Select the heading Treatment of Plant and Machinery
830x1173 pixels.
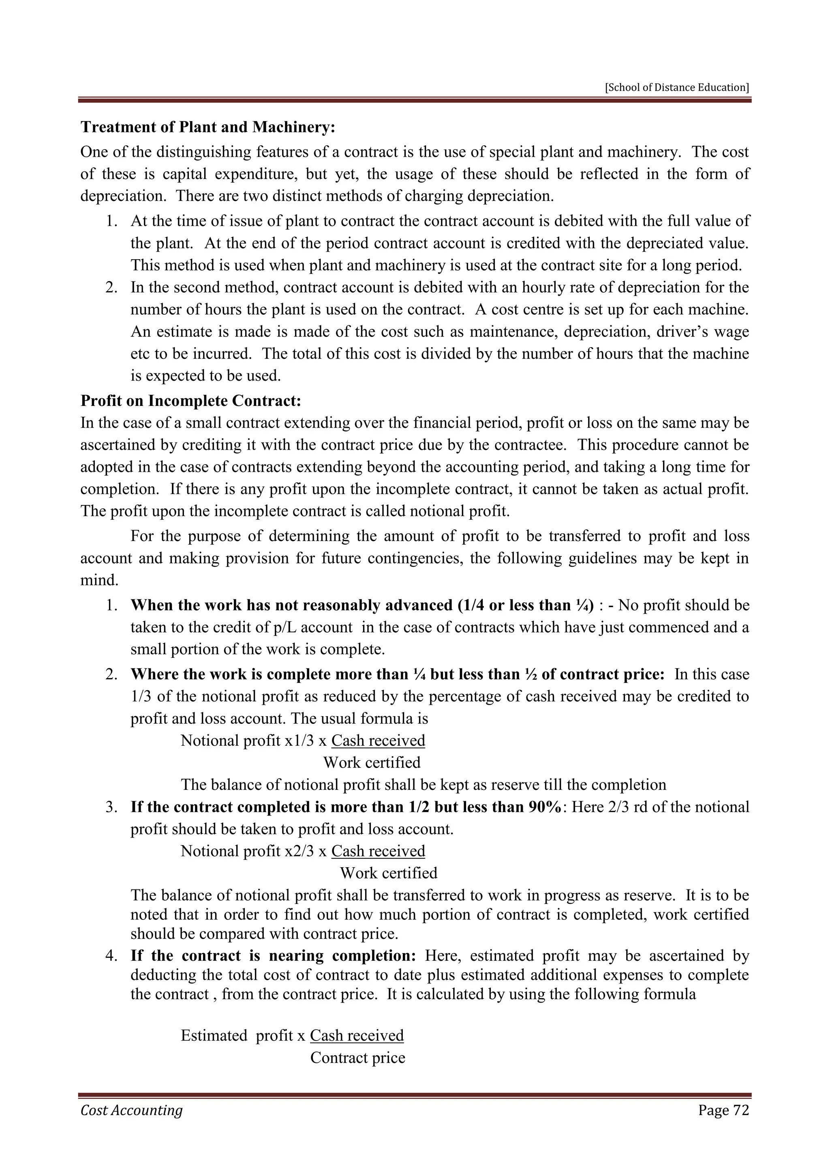[207, 127]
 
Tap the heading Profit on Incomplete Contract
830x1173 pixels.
[190, 401]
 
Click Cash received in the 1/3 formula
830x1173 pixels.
[378, 740]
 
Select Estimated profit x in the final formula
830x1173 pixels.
[243, 1036]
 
